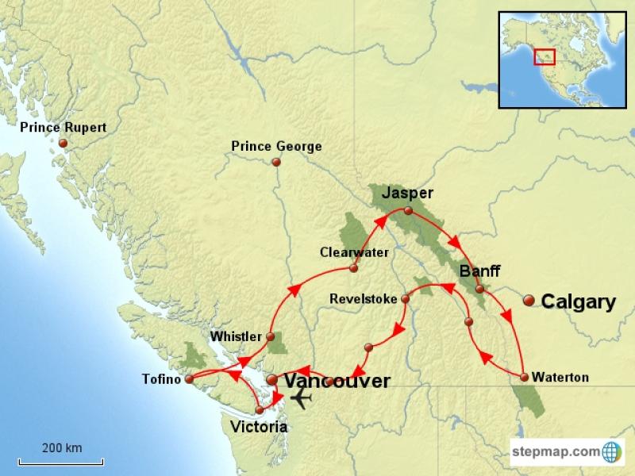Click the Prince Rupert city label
click(x=63, y=127)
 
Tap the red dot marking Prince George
click(x=276, y=163)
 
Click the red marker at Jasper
click(x=408, y=211)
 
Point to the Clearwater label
click(x=354, y=252)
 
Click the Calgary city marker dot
click(x=529, y=300)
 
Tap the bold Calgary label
click(x=579, y=301)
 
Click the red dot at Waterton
click(x=524, y=377)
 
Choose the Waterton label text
click(x=560, y=378)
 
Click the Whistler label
click(x=236, y=337)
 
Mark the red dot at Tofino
click(x=190, y=379)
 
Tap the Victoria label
click(x=258, y=427)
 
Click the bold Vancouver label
click(x=337, y=381)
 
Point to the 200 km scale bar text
click(x=63, y=447)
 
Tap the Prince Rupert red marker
click(x=63, y=143)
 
